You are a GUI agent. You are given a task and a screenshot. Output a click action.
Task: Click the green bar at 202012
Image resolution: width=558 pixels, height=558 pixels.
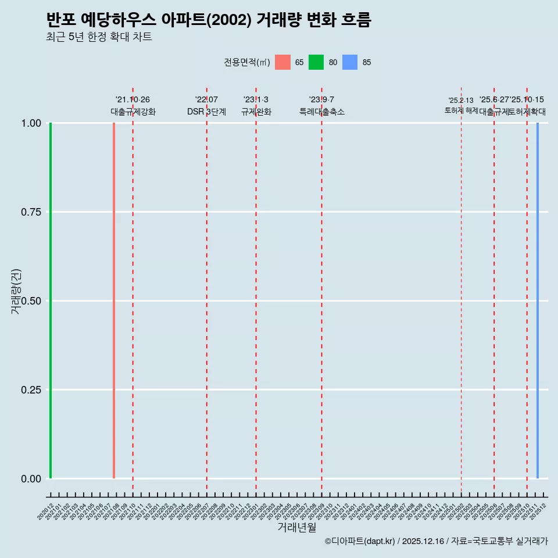51,301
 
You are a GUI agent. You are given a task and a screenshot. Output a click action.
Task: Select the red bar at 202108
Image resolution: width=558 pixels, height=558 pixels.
114,301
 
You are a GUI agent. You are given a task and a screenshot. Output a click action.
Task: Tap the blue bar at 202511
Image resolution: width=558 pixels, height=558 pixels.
538,301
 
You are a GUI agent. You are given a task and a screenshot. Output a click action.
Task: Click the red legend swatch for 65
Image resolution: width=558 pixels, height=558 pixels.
282,62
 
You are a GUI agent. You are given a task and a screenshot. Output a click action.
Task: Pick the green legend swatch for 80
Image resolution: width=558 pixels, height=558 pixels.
316,62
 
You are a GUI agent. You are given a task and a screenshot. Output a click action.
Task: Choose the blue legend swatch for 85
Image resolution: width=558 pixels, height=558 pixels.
350,62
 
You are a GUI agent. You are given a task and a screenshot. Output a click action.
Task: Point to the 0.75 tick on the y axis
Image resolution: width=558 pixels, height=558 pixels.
31,212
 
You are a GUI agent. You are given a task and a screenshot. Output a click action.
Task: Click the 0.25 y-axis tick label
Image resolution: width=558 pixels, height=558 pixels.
31,390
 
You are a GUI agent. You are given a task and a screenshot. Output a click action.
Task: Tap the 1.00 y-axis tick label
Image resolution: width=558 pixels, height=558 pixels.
31,123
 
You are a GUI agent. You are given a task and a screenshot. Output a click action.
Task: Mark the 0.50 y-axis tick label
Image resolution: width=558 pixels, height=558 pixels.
31,301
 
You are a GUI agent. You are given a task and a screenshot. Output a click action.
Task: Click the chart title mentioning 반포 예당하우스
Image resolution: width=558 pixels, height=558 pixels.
208,20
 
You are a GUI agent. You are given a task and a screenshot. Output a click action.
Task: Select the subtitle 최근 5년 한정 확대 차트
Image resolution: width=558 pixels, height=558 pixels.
99,37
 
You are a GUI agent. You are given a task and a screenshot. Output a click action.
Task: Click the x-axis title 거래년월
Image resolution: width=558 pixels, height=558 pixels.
296,528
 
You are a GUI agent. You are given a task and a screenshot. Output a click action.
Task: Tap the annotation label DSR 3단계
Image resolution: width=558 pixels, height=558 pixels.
206,112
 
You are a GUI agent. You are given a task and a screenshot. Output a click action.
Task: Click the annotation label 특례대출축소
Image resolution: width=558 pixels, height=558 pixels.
322,112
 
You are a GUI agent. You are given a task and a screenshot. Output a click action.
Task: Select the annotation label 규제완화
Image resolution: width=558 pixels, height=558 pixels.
256,112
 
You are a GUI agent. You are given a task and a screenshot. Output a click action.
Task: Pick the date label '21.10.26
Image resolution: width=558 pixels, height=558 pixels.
133,100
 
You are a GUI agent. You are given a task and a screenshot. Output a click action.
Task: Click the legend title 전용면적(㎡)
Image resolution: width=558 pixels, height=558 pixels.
247,63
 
